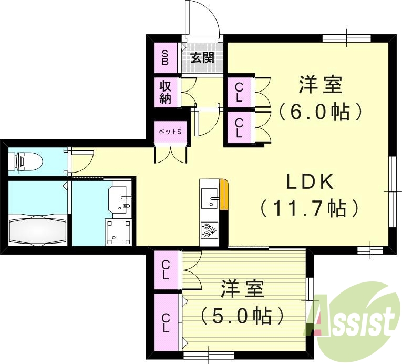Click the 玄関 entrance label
(x=202, y=58)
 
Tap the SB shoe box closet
(x=166, y=58)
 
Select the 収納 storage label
(x=166, y=92)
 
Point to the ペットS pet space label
(x=170, y=132)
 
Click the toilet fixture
(x=25, y=161)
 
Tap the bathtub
(x=38, y=231)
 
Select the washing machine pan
(x=118, y=232)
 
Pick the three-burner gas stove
(x=209, y=230)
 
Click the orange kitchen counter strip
(x=224, y=195)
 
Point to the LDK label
(x=310, y=182)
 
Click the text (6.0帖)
(x=320, y=112)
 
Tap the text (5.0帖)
(x=242, y=316)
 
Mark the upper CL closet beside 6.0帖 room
(x=239, y=93)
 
